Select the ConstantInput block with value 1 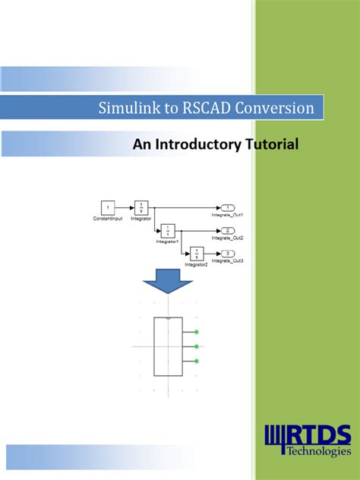click(108, 207)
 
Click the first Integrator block click(141, 207)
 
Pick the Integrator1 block click(169, 230)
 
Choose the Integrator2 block click(197, 253)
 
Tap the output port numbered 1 click(227, 207)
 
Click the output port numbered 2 click(227, 230)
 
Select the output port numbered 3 click(227, 253)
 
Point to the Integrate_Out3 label click(227, 261)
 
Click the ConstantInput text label click(109, 218)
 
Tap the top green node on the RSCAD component click(197, 332)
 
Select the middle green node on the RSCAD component click(197, 346)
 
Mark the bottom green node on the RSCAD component click(197, 362)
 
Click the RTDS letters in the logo click(318, 435)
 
